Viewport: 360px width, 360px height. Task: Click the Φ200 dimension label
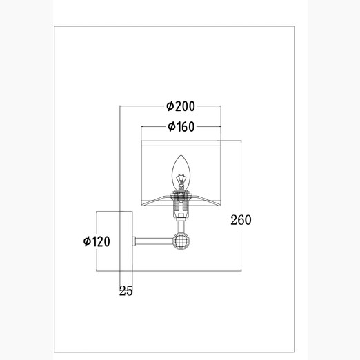pos(181,106)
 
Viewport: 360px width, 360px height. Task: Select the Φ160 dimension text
pos(181,127)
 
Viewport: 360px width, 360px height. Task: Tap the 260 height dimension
pos(241,220)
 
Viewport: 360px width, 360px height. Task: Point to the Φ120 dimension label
pos(97,241)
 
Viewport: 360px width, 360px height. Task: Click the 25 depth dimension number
pos(126,291)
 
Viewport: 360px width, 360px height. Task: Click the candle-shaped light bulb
pos(181,172)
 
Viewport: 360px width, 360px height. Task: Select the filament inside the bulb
pos(181,181)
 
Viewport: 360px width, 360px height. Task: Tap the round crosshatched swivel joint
pos(181,241)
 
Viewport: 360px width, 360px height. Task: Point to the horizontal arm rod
pos(154,241)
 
